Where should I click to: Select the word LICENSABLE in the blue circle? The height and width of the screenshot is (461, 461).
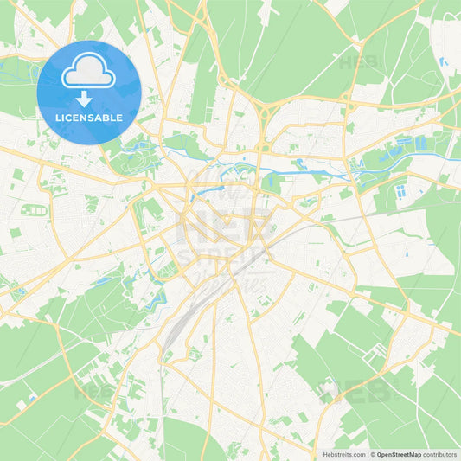pos(89,118)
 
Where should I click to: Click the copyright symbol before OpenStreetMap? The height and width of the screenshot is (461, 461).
pos(373,453)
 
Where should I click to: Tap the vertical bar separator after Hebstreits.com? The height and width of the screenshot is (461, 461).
pos(367,453)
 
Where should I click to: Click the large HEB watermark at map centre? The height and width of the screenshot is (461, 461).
pos(227,227)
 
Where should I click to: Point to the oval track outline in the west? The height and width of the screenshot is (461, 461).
pos(35,210)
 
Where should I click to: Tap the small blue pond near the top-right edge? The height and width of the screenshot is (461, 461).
pos(443,62)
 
